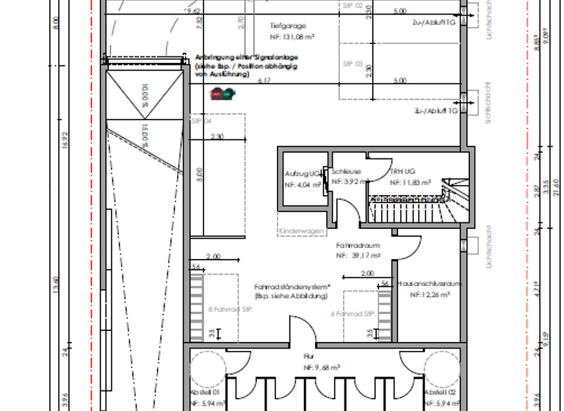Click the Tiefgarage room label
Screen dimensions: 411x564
[x=286, y=23]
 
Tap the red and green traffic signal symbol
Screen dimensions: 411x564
[x=220, y=93]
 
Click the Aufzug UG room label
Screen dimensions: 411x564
[x=303, y=173]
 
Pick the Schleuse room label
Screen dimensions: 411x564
[x=346, y=171]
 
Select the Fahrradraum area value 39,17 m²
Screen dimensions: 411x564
[x=358, y=256]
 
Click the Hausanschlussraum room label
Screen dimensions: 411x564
[x=429, y=283]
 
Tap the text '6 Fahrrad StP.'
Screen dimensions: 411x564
[x=353, y=313]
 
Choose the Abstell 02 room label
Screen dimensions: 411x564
[x=438, y=393]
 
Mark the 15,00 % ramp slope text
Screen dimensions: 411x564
[x=145, y=135]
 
